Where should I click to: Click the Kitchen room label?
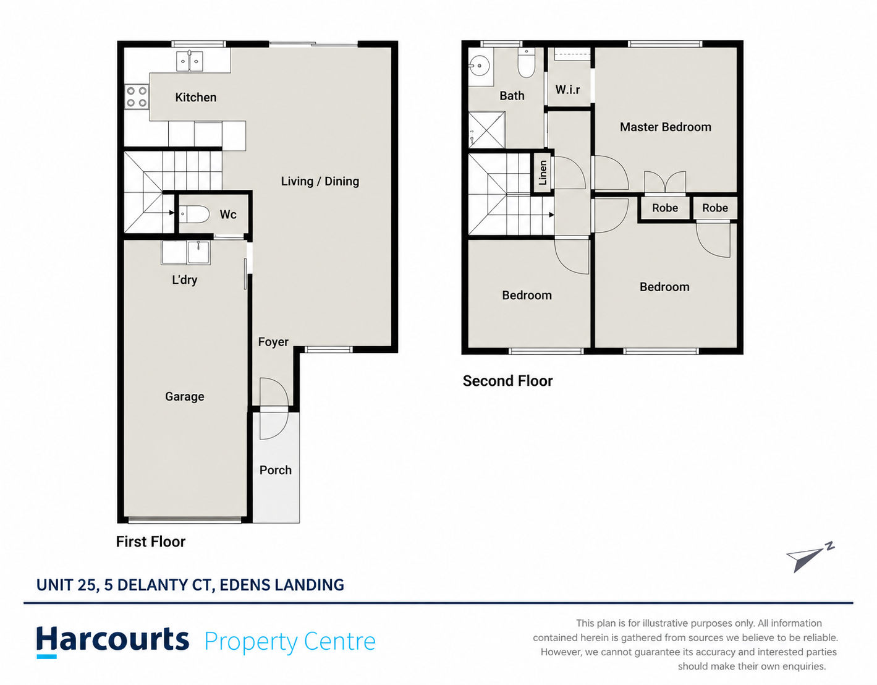tap(196, 97)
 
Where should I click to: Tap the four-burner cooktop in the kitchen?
tap(137, 97)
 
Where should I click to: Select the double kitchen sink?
tap(189, 61)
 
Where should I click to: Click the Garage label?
tap(184, 396)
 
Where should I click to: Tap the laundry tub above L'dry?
tap(185, 253)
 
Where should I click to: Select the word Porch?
tap(275, 470)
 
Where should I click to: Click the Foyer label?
tap(273, 342)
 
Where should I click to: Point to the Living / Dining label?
tap(320, 181)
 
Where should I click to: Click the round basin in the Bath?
tap(479, 66)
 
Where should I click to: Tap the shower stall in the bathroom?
tap(486, 130)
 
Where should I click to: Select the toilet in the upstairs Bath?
tap(527, 63)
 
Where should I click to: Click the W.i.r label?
tap(567, 90)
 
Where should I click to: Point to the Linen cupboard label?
tap(543, 172)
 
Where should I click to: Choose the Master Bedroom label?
tap(666, 127)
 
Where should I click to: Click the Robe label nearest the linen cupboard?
tap(665, 208)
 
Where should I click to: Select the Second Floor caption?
tap(507, 381)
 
